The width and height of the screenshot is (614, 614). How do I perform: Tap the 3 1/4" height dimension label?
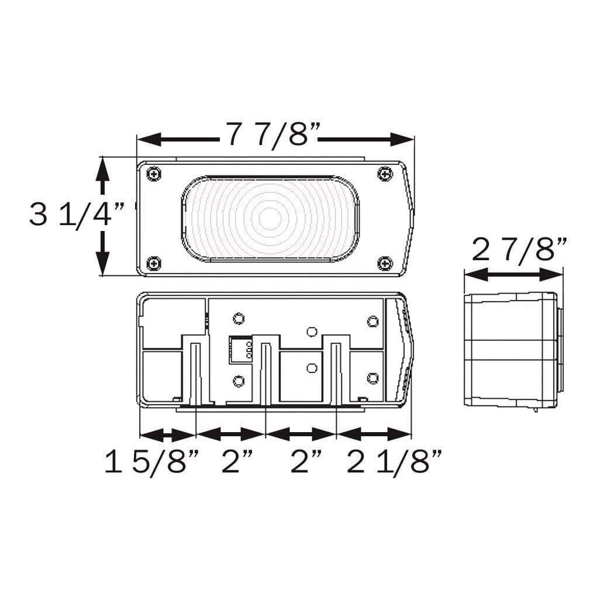(x=77, y=215)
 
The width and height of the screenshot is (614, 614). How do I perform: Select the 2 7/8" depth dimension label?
(x=519, y=250)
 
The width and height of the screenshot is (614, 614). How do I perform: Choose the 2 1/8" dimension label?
(x=394, y=463)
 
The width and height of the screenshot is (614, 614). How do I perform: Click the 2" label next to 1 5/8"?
(x=236, y=463)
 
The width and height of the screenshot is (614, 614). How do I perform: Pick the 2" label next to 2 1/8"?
(x=306, y=463)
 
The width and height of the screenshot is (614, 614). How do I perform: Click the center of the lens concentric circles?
(x=270, y=218)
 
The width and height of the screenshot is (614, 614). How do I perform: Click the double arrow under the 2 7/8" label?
(x=513, y=274)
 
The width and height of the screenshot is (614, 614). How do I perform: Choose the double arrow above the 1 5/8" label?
(x=167, y=434)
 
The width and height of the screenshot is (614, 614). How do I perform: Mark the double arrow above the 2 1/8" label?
(x=374, y=434)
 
